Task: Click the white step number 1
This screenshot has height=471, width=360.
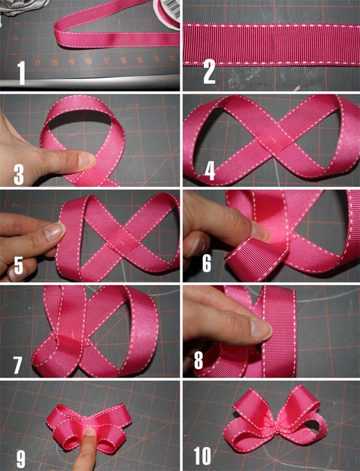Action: [21, 73]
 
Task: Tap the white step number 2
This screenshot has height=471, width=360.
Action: [210, 72]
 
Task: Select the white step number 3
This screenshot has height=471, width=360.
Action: [19, 175]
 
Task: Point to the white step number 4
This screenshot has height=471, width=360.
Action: [210, 171]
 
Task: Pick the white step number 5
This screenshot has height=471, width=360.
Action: [18, 265]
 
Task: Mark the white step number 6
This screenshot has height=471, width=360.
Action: [207, 263]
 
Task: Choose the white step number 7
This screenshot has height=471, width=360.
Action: [17, 365]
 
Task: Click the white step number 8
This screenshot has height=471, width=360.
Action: [198, 360]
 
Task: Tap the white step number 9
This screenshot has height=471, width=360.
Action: [20, 458]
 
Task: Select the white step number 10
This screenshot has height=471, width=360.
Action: [202, 456]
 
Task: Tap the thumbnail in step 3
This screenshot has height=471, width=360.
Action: [86, 160]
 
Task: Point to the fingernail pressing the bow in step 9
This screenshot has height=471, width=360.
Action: [89, 431]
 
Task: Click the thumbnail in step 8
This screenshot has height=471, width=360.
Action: [260, 328]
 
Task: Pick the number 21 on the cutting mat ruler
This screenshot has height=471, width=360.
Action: [38, 63]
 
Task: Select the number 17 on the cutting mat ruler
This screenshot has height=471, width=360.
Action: [106, 61]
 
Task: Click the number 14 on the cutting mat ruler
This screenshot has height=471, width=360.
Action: [156, 59]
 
